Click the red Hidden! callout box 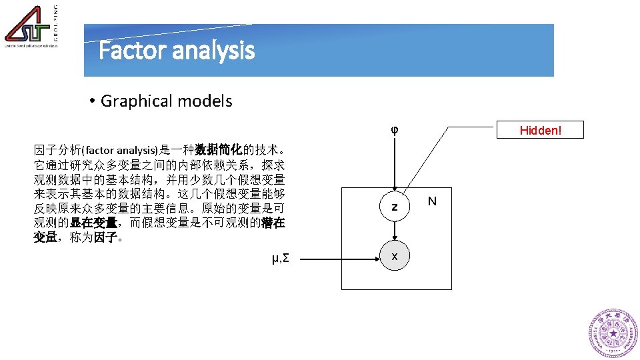point(541,130)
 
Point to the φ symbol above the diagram point(395,129)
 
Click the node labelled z point(395,207)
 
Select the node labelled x point(395,257)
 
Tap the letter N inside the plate point(432,201)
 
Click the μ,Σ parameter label point(281,258)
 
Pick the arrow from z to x point(395,231)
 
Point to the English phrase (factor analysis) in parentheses point(119,151)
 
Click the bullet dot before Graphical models point(93,101)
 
